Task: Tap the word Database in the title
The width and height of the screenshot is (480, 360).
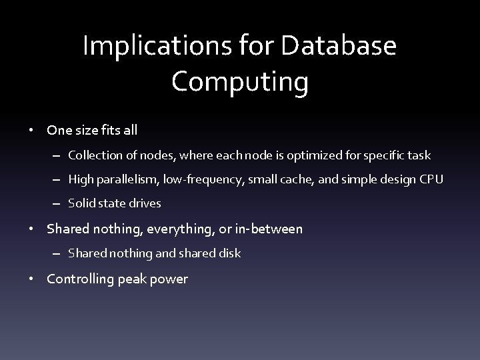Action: pos(339,47)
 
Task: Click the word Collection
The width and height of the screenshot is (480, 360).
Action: pos(91,155)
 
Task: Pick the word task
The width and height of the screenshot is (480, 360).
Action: pos(419,155)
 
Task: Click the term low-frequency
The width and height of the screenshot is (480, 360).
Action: pos(199,179)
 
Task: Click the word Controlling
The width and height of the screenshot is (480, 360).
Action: pos(79,279)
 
